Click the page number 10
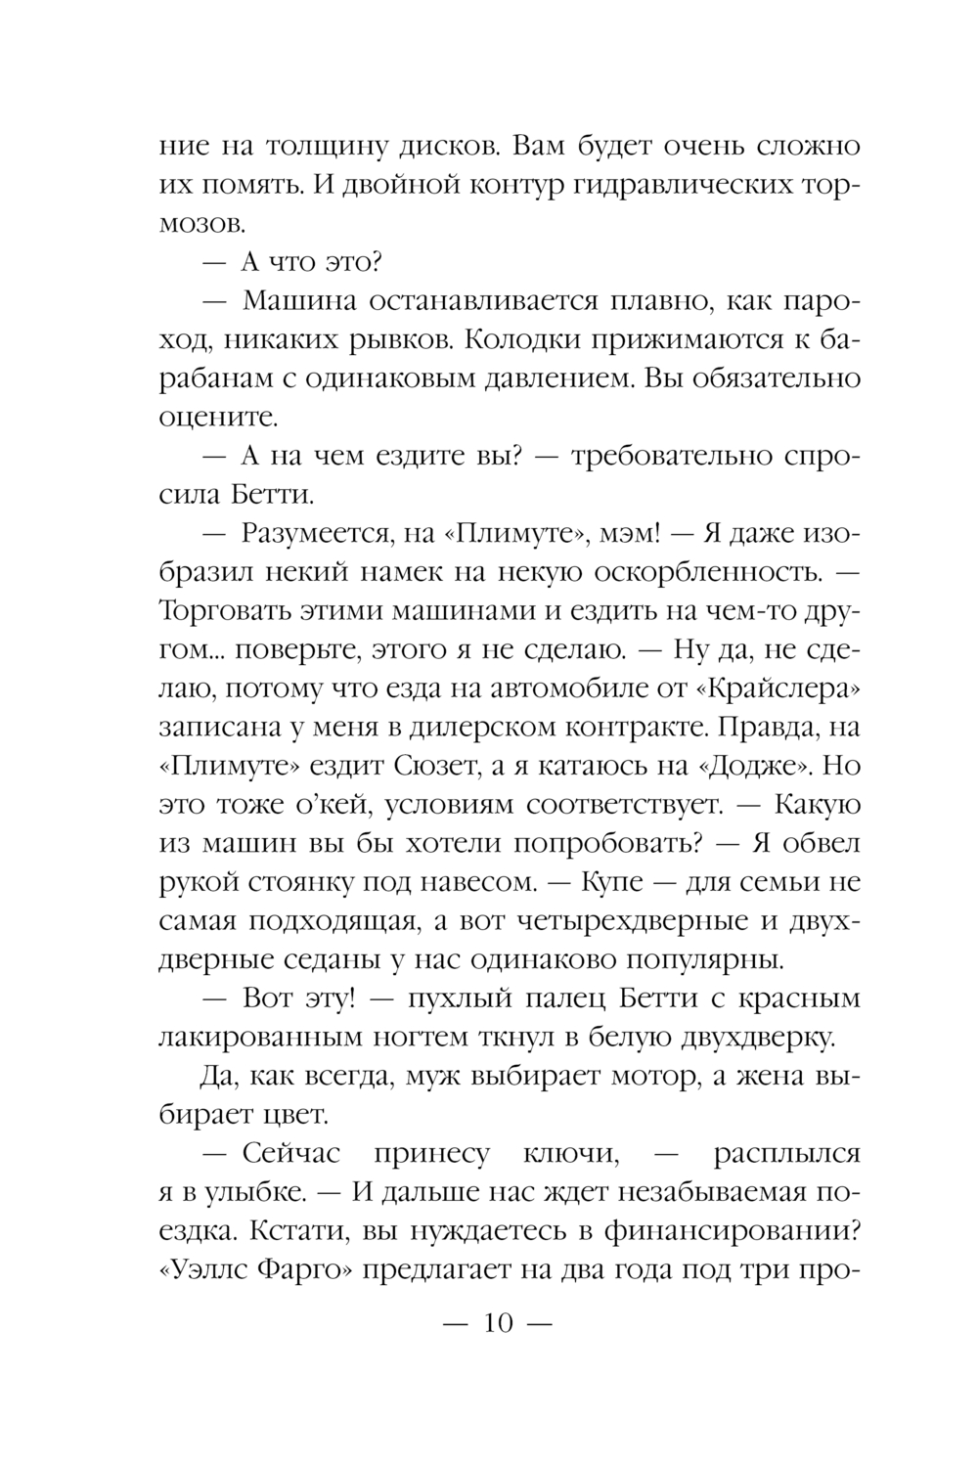tap(498, 1324)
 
